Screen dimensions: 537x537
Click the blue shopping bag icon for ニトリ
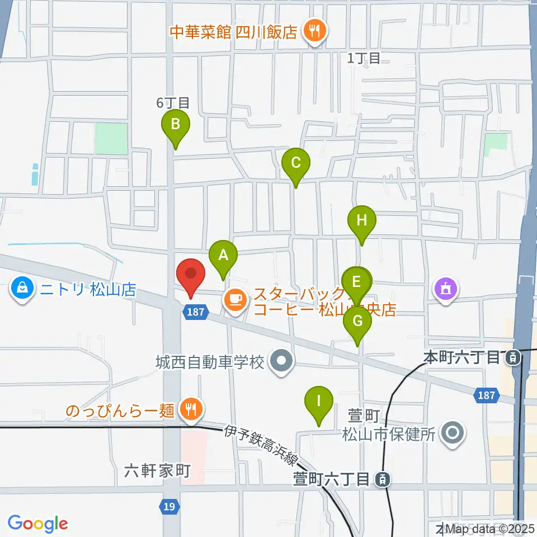(22, 289)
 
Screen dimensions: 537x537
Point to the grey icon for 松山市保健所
(452, 434)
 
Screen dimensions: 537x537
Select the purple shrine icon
(446, 289)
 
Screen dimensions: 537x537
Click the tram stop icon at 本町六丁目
(512, 357)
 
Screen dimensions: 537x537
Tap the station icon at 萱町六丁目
(383, 479)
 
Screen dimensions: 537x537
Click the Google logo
(37, 523)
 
